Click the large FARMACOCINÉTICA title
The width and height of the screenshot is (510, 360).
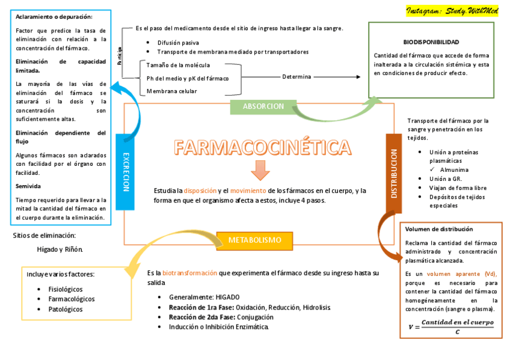point(262,147)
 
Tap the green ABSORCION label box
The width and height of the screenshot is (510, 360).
point(263,106)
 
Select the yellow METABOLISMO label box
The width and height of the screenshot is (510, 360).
point(254,240)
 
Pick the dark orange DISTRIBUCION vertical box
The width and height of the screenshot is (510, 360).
point(394,173)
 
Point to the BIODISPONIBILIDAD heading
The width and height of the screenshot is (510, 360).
point(431,42)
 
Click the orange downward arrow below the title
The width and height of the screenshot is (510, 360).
point(260,170)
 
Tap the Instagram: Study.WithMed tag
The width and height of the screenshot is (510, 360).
point(452,11)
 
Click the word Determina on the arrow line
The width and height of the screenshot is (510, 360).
point(296,77)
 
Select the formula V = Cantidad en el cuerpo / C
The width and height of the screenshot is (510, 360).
point(450,326)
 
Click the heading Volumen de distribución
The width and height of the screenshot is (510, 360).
point(439,229)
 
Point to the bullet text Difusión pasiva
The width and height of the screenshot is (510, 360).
point(178,43)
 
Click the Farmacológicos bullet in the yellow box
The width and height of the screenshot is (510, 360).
point(72,299)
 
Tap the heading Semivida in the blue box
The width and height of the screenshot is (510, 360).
point(28,186)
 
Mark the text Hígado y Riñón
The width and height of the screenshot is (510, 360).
point(60,249)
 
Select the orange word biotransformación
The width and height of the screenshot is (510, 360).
point(189,273)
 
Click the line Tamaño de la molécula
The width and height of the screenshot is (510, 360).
point(178,65)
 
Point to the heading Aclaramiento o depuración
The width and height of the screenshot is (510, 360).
point(54,16)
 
